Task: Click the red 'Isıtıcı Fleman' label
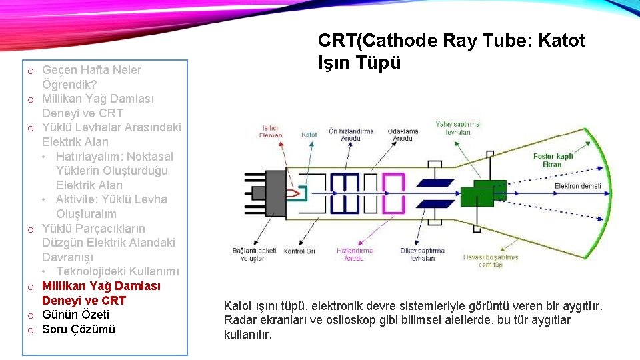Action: [271, 131]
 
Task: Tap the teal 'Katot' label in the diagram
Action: [309, 135]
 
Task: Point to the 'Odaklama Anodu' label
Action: [403, 134]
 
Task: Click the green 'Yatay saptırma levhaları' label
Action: [457, 128]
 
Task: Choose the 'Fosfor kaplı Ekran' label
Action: [552, 160]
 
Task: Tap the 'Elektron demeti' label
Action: [577, 186]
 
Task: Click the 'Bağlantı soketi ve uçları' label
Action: [253, 254]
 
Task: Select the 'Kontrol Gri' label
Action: [299, 251]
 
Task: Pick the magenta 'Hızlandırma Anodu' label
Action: [355, 254]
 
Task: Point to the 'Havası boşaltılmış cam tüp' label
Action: [490, 261]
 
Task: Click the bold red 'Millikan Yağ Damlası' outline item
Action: [101, 286]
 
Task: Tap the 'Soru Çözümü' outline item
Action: [79, 329]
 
